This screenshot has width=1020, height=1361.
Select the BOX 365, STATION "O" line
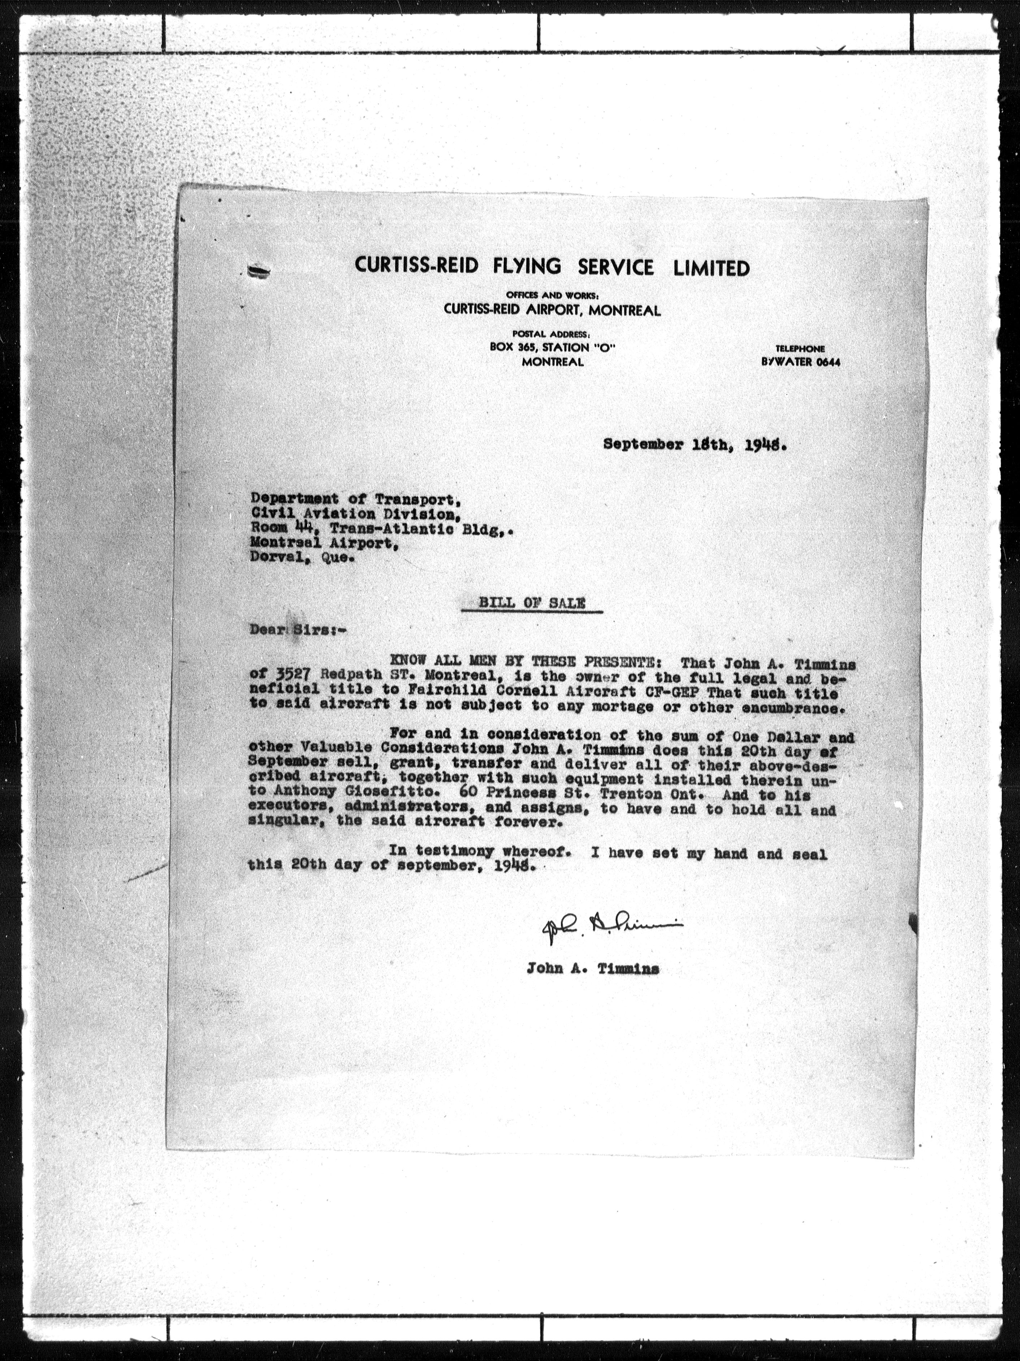[x=553, y=347]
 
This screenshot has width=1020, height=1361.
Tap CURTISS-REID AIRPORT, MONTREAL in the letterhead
[x=553, y=311]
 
